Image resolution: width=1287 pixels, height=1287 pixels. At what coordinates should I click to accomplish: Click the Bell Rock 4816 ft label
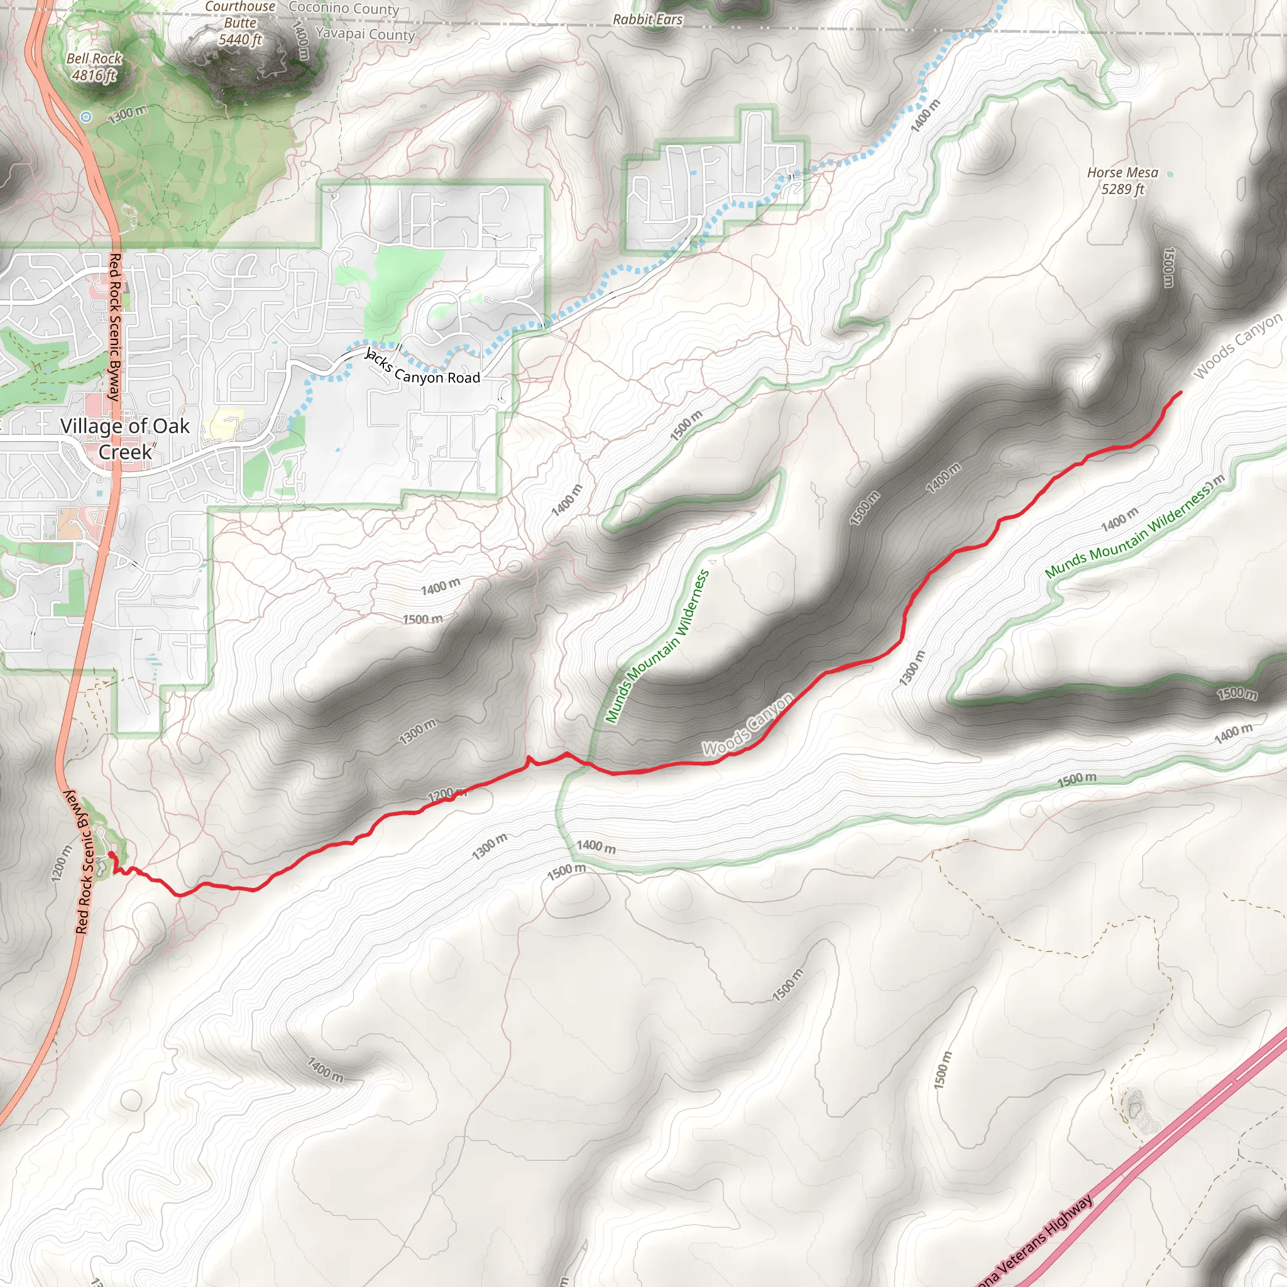click(94, 67)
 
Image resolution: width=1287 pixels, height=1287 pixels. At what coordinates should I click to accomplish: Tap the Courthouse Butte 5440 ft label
click(240, 24)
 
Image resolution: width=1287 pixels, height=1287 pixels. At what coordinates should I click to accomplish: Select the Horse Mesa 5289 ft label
click(1122, 180)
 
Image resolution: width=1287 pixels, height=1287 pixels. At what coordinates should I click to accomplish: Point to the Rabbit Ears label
click(647, 19)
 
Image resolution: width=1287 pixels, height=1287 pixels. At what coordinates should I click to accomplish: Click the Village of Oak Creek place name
click(124, 439)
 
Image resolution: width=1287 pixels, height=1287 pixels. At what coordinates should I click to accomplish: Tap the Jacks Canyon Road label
click(423, 368)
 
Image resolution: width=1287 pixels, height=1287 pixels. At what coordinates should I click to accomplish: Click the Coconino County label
click(344, 9)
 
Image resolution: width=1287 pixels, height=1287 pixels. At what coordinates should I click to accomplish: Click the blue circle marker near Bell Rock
click(86, 117)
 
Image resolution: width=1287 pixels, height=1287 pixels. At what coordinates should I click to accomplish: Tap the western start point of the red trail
click(111, 854)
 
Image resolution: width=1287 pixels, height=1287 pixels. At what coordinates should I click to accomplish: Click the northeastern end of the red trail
click(1180, 392)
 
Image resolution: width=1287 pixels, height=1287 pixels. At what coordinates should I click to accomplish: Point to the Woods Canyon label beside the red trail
click(748, 725)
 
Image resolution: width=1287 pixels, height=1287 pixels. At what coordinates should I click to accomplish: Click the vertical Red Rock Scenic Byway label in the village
click(114, 326)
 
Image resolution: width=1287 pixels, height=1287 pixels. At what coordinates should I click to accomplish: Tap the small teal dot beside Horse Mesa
click(1170, 174)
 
